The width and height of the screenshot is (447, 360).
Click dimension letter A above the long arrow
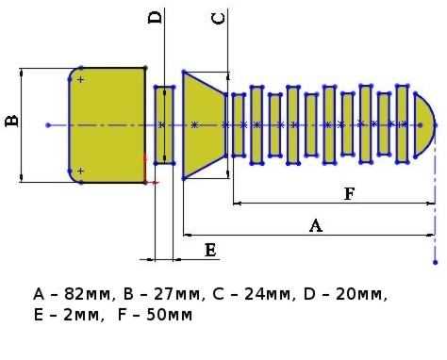coord(316,226)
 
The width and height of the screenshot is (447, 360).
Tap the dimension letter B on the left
coord(12,121)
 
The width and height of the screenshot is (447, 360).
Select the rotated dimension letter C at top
coord(218,19)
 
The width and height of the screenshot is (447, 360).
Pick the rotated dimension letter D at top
coord(155,18)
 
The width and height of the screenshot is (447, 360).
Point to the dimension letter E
coord(210,251)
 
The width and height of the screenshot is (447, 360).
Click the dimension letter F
coord(349,193)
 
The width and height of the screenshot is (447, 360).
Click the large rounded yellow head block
coord(107,125)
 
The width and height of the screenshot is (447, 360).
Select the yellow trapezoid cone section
coord(205,125)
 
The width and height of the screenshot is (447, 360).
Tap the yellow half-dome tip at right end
coord(424,125)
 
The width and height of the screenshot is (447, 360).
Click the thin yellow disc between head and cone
coord(164,125)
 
